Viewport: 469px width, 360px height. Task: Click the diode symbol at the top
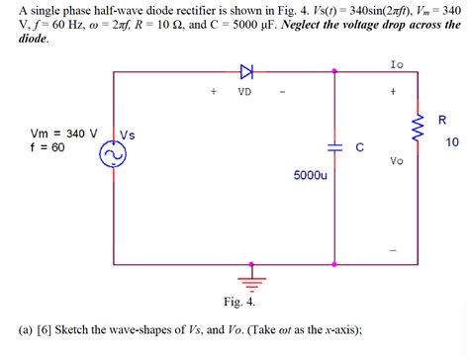(x=246, y=71)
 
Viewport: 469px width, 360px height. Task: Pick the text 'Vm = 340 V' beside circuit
(x=64, y=132)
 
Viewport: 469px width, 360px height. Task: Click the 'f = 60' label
(x=47, y=146)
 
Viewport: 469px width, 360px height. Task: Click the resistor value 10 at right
(x=452, y=142)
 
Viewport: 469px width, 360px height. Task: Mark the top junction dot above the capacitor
(x=335, y=71)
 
